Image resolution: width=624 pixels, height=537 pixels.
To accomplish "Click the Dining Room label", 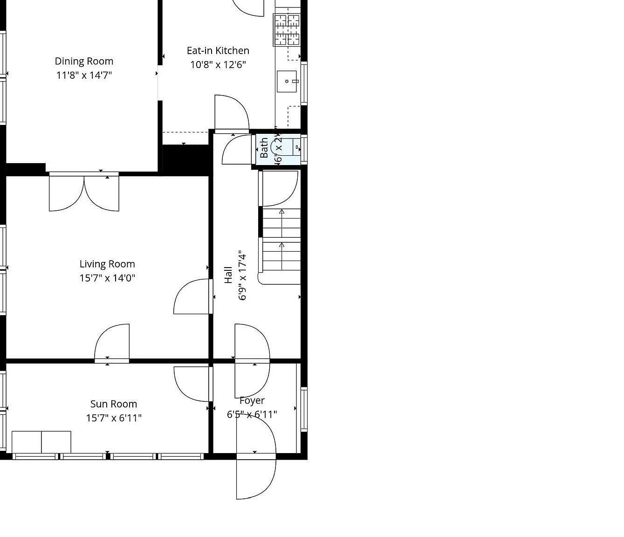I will click(84, 61).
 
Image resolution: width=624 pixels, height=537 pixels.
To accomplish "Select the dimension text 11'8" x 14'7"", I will click(84, 75).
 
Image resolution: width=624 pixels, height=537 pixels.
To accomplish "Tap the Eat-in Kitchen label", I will click(218, 50).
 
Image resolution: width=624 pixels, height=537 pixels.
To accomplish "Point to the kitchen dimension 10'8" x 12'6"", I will click(218, 64).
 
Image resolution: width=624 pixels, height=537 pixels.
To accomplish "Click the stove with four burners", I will click(287, 30).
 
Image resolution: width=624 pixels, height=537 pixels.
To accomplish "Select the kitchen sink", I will click(287, 82).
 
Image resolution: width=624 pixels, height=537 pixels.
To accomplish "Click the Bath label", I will click(264, 148).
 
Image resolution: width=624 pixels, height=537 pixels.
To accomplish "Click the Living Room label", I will click(107, 264).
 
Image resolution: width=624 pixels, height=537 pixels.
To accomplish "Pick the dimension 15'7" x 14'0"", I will click(107, 278).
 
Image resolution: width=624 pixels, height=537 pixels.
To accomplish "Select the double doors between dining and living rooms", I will click(84, 192).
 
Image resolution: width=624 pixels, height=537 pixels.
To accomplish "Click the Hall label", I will click(228, 275).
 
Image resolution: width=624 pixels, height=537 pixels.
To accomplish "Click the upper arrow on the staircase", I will click(281, 213).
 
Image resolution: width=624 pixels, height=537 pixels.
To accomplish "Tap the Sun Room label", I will click(114, 404).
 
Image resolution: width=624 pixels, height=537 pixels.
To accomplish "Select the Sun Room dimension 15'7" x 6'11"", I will click(114, 418).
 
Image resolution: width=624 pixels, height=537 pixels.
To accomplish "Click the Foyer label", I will click(252, 400).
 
